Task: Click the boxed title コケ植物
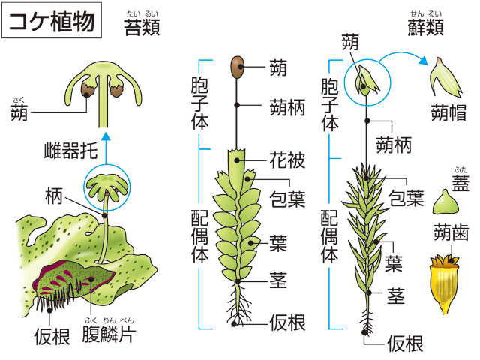click(x=52, y=20)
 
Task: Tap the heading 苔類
click(x=142, y=27)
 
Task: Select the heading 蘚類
click(x=425, y=27)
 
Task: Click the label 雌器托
click(x=70, y=151)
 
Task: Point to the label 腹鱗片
click(x=109, y=334)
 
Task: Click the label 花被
click(x=287, y=160)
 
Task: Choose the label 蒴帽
click(x=448, y=112)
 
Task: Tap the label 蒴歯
click(x=451, y=232)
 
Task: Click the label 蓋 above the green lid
click(x=460, y=183)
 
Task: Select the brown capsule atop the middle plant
click(x=238, y=67)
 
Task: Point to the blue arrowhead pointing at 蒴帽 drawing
click(x=423, y=61)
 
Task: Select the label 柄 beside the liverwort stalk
click(x=54, y=196)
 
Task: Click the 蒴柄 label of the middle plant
click(x=287, y=107)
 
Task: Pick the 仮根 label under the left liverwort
click(x=52, y=336)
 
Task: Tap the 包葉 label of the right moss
click(x=406, y=198)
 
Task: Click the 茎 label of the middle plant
click(x=278, y=280)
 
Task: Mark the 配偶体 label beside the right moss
click(x=329, y=236)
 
